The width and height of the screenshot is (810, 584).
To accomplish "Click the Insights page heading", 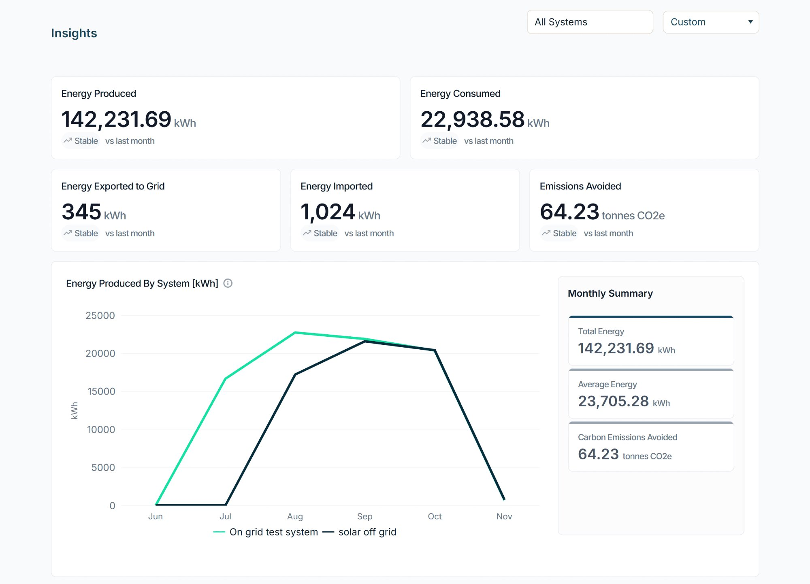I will pyautogui.click(x=74, y=33).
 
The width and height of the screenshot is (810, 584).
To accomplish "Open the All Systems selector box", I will pyautogui.click(x=590, y=22).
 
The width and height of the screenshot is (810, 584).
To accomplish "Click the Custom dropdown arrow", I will pyautogui.click(x=750, y=22).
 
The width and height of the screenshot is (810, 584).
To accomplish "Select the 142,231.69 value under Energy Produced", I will pyautogui.click(x=116, y=120).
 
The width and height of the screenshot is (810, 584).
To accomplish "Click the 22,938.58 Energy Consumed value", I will pyautogui.click(x=472, y=120).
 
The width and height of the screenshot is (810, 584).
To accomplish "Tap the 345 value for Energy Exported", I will pyautogui.click(x=81, y=212).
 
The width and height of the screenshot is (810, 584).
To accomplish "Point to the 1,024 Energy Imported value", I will pyautogui.click(x=328, y=212).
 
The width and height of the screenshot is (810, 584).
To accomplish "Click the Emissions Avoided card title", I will pyautogui.click(x=580, y=186).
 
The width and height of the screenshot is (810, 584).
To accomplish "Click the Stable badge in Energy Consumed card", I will pyautogui.click(x=440, y=141).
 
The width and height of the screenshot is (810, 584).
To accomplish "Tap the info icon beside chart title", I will pyautogui.click(x=228, y=283).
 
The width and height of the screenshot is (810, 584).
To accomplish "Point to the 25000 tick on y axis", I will pyautogui.click(x=100, y=316).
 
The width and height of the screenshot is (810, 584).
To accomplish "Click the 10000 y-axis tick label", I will pyautogui.click(x=101, y=430).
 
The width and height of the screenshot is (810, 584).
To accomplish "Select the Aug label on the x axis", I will pyautogui.click(x=295, y=516).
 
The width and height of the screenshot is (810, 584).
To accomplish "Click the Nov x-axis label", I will pyautogui.click(x=504, y=516).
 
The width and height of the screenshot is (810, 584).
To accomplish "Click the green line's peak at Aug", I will pyautogui.click(x=295, y=333).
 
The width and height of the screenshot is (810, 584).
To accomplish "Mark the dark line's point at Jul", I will pyautogui.click(x=226, y=505).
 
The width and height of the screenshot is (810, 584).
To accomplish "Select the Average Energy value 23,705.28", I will pyautogui.click(x=613, y=401).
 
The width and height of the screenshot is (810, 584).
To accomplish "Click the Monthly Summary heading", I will pyautogui.click(x=610, y=293).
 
